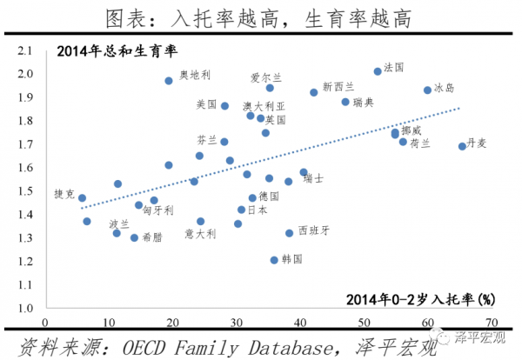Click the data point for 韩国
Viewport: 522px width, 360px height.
(x=274, y=259)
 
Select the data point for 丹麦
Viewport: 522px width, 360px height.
(x=462, y=146)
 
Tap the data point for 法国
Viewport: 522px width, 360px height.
(x=378, y=71)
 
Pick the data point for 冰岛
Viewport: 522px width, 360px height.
(x=427, y=90)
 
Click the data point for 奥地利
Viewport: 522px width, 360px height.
(x=169, y=81)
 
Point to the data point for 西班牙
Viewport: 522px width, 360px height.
(x=290, y=233)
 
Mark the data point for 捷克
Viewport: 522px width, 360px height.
(x=82, y=197)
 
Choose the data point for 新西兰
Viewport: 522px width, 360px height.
(x=314, y=92)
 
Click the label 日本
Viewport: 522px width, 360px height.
(x=258, y=210)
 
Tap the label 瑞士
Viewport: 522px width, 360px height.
(x=314, y=178)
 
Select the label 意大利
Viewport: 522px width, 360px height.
(x=200, y=233)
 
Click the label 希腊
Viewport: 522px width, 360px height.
(x=152, y=237)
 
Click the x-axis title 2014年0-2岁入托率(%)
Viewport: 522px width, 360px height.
(x=419, y=300)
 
